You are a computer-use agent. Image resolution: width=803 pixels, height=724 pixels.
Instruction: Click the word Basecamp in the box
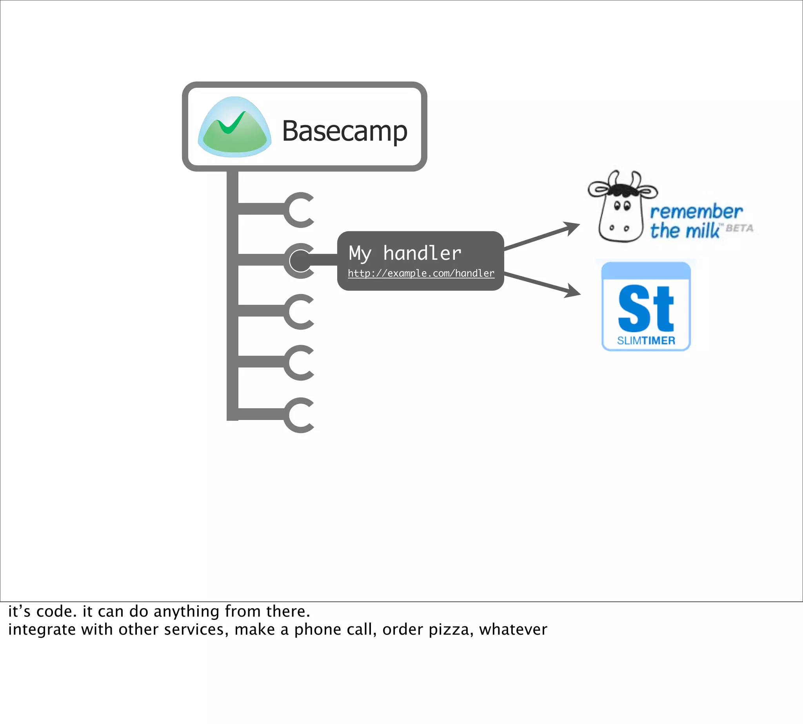pyautogui.click(x=344, y=131)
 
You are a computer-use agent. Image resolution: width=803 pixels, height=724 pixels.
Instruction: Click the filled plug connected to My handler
pyautogui.click(x=300, y=261)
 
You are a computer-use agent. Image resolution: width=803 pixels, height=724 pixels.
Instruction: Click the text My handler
pyautogui.click(x=405, y=253)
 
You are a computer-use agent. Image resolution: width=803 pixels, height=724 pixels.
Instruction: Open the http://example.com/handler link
pyautogui.click(x=421, y=273)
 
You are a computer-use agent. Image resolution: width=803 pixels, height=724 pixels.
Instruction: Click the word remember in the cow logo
pyautogui.click(x=696, y=212)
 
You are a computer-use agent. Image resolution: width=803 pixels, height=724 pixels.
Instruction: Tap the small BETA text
pyautogui.click(x=739, y=228)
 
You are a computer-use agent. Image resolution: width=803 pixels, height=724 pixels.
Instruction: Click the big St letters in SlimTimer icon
pyautogui.click(x=646, y=309)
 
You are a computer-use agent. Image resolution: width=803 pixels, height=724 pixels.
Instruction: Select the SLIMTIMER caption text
pyautogui.click(x=646, y=340)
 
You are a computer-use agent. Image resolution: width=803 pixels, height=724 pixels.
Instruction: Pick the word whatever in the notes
pyautogui.click(x=513, y=630)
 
